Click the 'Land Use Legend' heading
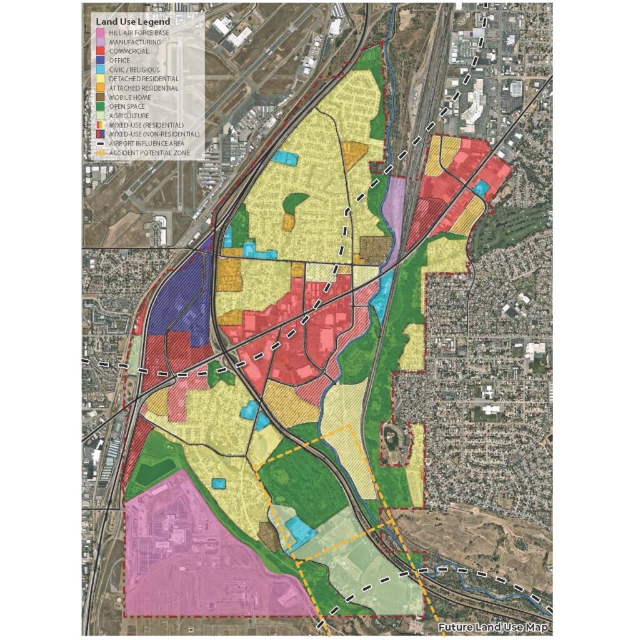(127, 22)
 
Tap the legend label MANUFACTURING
(134, 42)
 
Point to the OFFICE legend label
(120, 60)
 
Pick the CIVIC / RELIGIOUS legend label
(134, 69)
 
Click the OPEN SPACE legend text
(127, 106)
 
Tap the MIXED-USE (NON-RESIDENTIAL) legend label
(154, 134)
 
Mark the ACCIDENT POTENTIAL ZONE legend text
(148, 152)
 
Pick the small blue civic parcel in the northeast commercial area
(481, 187)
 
